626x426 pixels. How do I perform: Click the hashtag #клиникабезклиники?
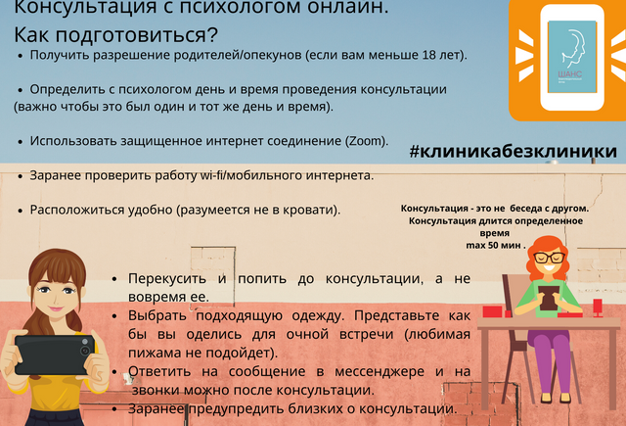point(513,151)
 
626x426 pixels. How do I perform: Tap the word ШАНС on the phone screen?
point(569,74)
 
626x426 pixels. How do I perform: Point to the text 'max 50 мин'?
point(493,245)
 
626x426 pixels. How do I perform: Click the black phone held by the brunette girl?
point(55,355)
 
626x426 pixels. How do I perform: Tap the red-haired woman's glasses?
point(550,258)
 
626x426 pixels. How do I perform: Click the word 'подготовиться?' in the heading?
point(137,35)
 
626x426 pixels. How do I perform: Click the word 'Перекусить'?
point(167,279)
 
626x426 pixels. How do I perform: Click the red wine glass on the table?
point(598,308)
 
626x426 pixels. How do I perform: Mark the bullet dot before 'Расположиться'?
point(21,211)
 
